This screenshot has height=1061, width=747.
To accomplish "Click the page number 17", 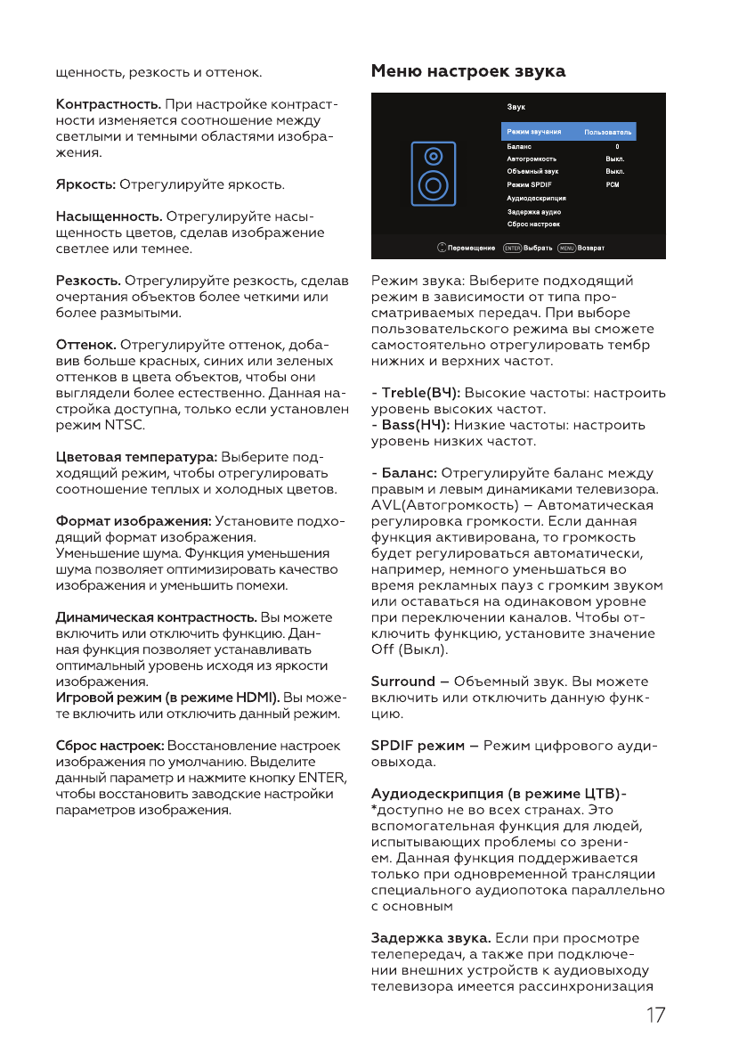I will point(654,1016).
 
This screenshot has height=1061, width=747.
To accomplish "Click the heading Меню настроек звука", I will point(468,69).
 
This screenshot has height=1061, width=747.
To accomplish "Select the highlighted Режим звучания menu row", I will point(568,132).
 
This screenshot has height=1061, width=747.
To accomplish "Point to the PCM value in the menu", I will point(612,184).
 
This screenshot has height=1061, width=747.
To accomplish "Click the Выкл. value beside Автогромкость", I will point(614,159).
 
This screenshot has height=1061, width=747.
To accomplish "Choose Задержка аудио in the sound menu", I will point(534,212).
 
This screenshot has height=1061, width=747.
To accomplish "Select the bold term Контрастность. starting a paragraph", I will point(109,106).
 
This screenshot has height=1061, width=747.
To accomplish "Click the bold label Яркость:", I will point(86,185).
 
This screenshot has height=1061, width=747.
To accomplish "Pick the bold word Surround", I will point(403,681).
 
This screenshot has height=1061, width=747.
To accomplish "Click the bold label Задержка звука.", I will point(430,938).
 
